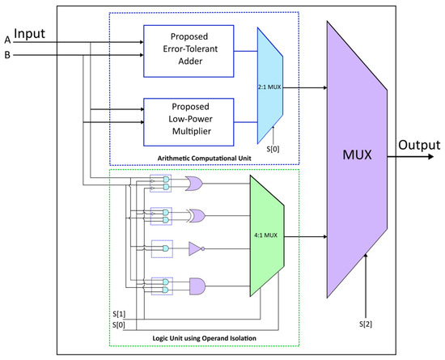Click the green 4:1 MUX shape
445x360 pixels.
[x=266, y=237]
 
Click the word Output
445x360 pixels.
[x=418, y=145]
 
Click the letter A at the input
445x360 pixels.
[x=7, y=40]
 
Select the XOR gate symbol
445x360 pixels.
[x=196, y=217]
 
